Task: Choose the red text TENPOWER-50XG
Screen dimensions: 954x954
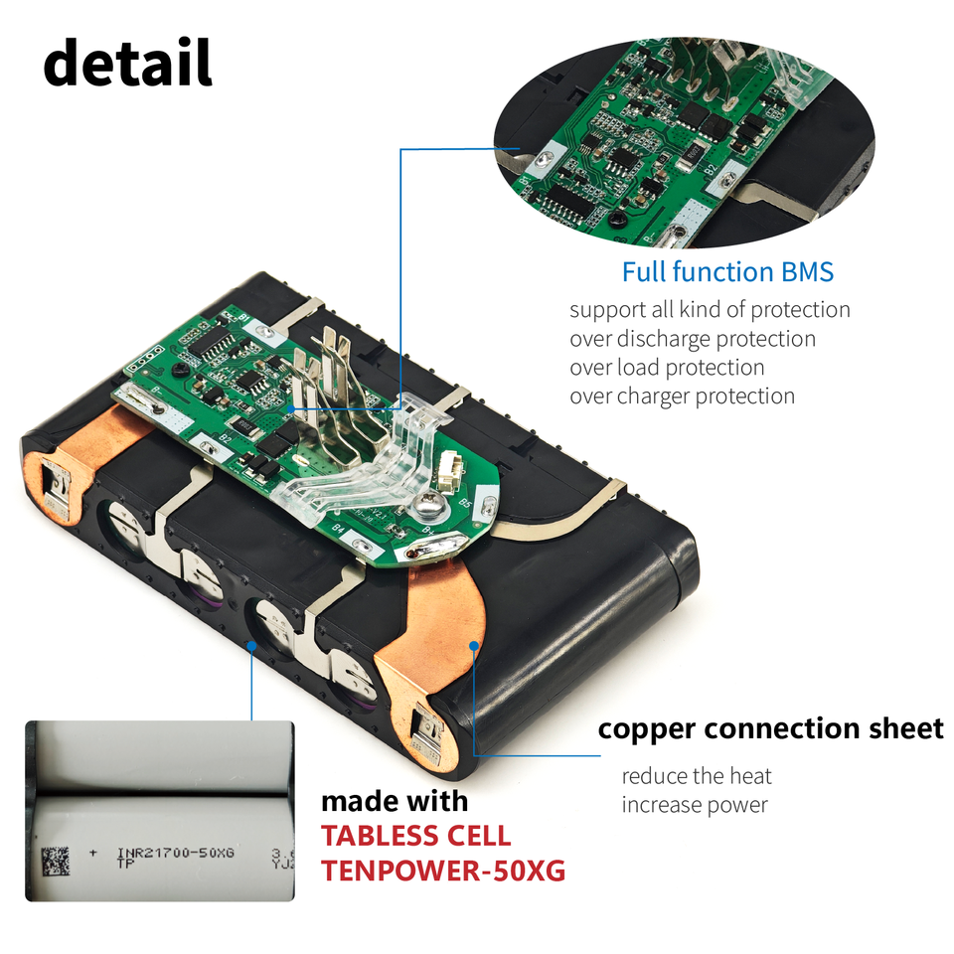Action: (x=442, y=872)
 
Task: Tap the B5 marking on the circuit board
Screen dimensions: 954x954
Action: (x=463, y=504)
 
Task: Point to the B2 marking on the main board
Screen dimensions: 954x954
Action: (x=227, y=438)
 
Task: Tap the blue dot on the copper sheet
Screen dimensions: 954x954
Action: (x=475, y=645)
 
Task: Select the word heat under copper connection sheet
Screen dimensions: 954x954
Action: (x=750, y=776)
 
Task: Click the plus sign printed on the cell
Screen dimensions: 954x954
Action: (x=93, y=853)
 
